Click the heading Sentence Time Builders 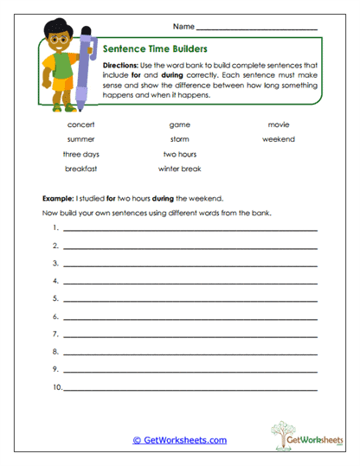click(154, 49)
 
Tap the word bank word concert click(80, 124)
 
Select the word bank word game click(179, 124)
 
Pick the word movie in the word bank click(279, 124)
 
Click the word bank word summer click(80, 139)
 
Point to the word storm click(179, 139)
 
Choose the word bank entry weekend click(279, 139)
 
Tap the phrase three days click(80, 154)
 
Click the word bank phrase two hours click(179, 154)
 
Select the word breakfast click(80, 169)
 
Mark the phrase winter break click(179, 169)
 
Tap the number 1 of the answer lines click(55, 228)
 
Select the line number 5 click(55, 299)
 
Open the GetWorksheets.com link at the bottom click(180, 439)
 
